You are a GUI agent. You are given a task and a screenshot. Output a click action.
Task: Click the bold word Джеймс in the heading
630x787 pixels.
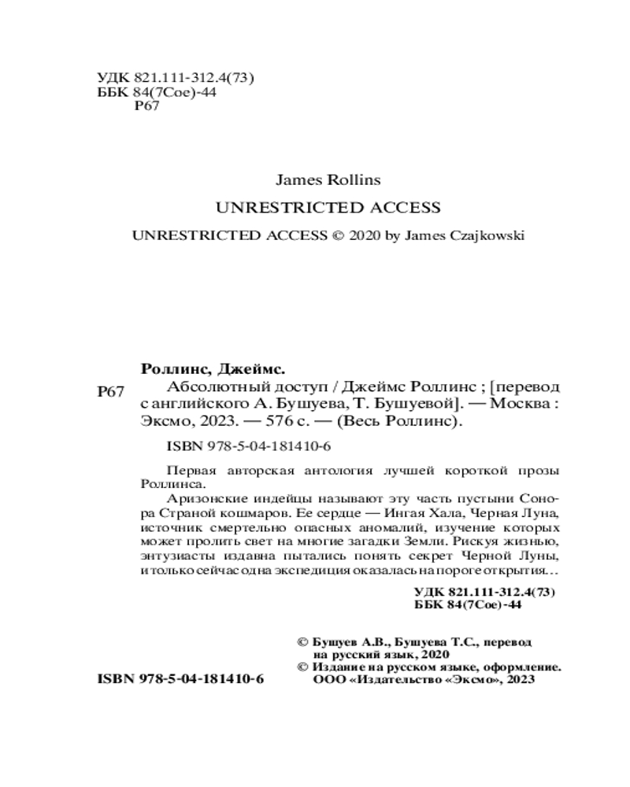pyautogui.click(x=247, y=368)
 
